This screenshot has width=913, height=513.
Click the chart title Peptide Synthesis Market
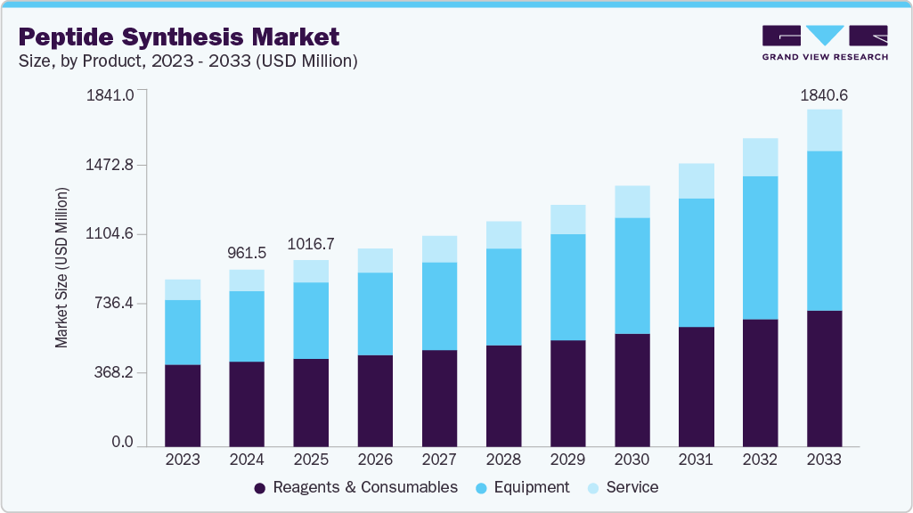179,37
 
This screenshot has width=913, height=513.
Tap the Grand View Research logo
825,43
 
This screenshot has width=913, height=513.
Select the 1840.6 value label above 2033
824,94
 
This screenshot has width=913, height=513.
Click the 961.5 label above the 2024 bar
247,253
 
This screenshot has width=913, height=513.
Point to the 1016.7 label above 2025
311,244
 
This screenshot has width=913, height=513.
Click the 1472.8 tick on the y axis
109,165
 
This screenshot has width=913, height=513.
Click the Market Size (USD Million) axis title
61,267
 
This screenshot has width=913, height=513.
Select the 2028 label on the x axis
503,460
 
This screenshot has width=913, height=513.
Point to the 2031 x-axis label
696,460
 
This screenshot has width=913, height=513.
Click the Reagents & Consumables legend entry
355,488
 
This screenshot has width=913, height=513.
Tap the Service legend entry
623,488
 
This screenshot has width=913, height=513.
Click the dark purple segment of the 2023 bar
183,405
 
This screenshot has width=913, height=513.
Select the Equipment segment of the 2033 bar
824,231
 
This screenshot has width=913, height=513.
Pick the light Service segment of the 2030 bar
632,202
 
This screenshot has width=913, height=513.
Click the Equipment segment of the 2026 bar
375,313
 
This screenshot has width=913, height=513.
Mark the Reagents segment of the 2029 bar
567,393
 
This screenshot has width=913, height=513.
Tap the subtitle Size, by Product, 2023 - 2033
188,61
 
